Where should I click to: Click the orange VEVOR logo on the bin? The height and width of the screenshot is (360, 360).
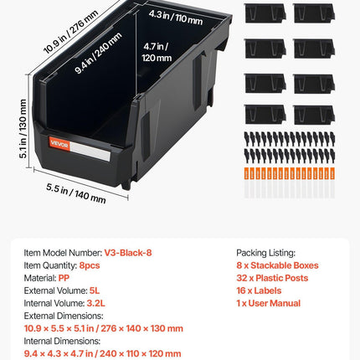[x=59, y=144]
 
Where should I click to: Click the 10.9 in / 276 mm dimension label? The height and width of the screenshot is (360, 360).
[x=71, y=32]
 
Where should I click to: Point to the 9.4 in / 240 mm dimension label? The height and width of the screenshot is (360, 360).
[x=99, y=53]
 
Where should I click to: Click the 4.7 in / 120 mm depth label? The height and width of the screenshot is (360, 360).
[x=157, y=52]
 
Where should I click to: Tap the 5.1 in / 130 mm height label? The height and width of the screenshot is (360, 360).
[x=23, y=129]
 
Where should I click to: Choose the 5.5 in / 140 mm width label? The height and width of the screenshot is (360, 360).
[x=76, y=193]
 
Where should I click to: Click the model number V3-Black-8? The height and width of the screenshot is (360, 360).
[x=128, y=253]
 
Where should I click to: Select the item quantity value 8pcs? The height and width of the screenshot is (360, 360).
[x=90, y=265]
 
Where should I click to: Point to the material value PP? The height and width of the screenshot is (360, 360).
[x=64, y=278]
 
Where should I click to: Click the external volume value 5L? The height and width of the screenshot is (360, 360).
[x=95, y=291]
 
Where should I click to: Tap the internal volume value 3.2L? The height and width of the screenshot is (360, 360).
[x=95, y=303]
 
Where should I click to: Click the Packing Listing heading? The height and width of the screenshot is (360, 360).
[x=265, y=253]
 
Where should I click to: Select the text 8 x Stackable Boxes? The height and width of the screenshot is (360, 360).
[x=277, y=265]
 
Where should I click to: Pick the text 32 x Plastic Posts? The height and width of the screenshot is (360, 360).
[x=272, y=278]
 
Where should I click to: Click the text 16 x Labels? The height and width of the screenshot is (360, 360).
[x=259, y=291]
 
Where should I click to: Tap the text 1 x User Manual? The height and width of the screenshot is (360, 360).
[x=269, y=303]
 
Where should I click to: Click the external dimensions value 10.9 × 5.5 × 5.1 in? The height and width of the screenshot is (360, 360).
[x=59, y=328]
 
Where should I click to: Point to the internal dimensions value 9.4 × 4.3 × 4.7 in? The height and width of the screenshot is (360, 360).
[x=59, y=354]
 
